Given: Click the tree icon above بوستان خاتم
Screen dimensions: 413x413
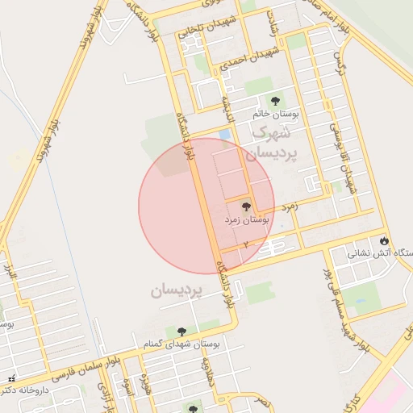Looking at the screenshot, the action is (275, 102).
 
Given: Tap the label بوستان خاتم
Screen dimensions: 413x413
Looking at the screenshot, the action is (275, 115).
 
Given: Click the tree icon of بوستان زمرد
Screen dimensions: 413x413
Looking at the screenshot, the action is (246, 207).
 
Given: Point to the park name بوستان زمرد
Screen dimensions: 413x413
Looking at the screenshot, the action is (245, 219).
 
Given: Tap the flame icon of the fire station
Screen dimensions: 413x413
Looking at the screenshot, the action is (384, 240).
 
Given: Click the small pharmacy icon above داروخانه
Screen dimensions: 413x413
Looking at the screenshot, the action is (10, 379).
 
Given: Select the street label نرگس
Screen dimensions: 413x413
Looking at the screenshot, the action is (339, 65).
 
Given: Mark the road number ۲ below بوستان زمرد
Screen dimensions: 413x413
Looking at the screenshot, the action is (244, 243).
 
